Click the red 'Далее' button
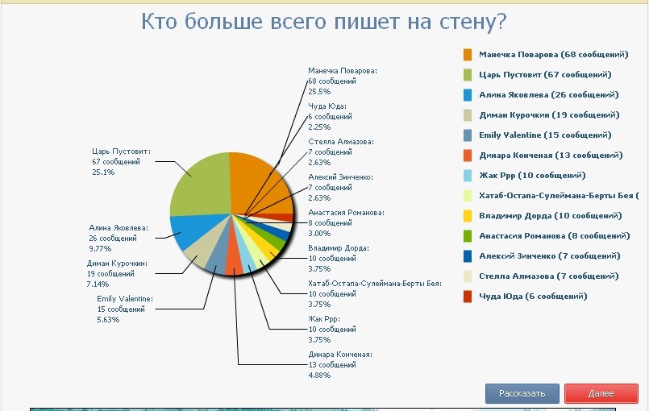[601, 393]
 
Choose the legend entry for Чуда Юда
[533, 296]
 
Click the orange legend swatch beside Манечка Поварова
[468, 55]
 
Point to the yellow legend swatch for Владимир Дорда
[468, 215]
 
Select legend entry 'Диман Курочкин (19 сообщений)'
[549, 114]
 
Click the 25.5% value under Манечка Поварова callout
[319, 92]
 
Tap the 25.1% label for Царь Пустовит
[103, 172]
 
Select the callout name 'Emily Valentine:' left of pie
[124, 299]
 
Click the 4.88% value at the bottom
[319, 375]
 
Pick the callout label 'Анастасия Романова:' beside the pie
[346, 213]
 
